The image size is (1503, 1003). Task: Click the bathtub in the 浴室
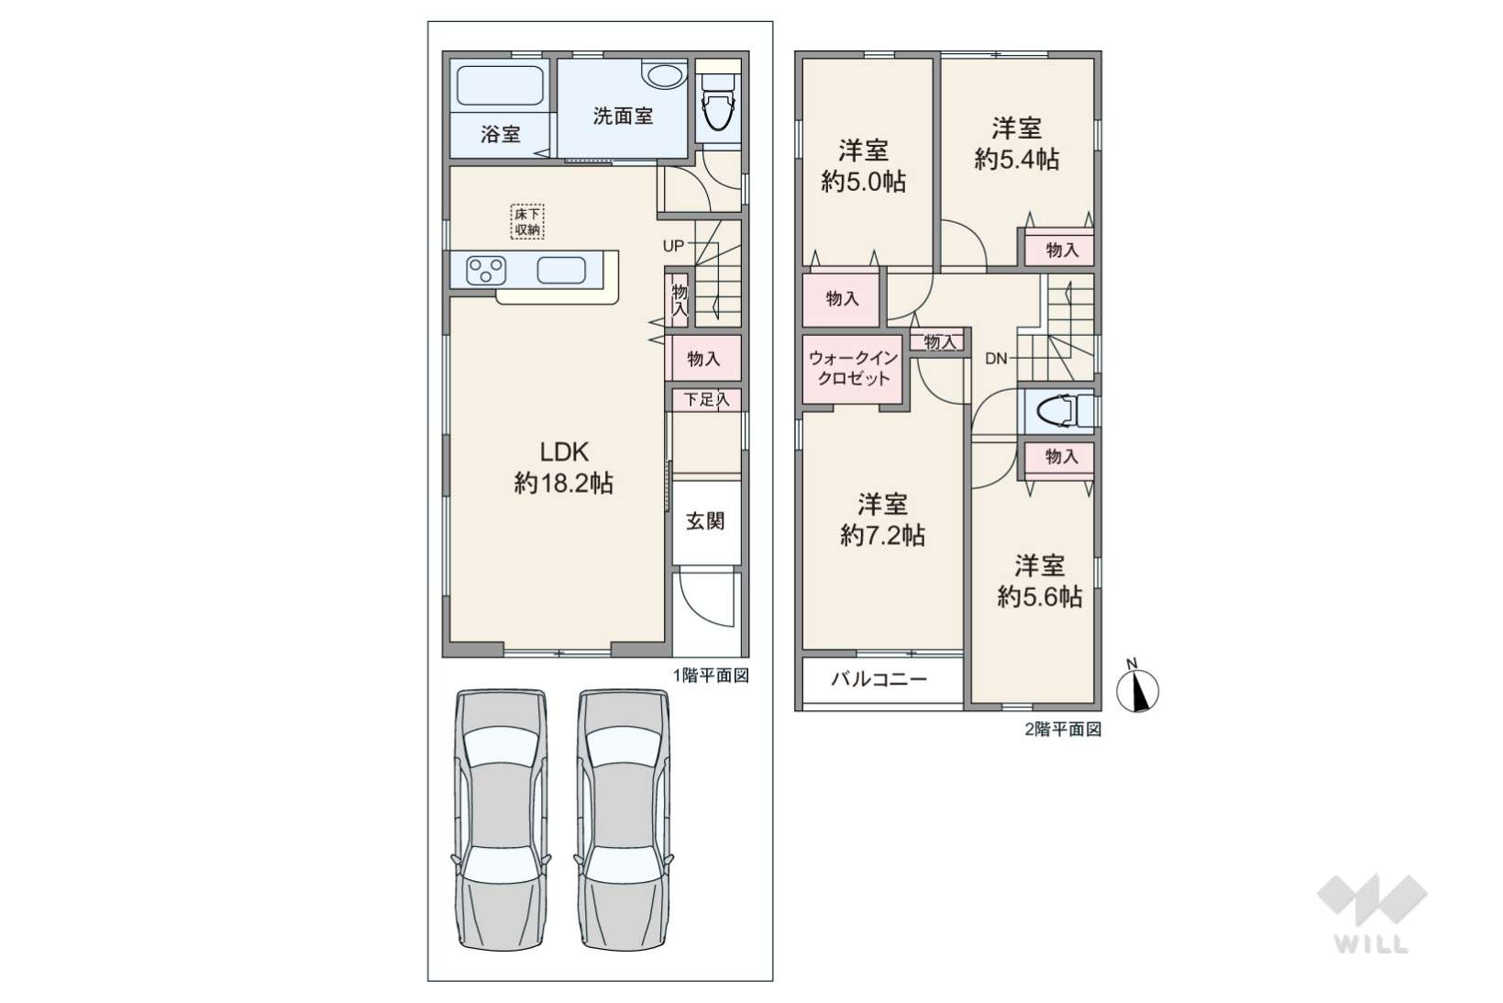500,86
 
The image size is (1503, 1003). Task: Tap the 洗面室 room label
623,117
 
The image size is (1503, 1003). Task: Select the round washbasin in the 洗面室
664,73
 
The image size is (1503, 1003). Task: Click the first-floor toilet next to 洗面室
718,102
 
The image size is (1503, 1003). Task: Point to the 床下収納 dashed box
526,221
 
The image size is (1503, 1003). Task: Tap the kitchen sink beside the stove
561,271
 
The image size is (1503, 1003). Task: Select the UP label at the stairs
673,246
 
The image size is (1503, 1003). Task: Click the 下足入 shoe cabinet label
706,399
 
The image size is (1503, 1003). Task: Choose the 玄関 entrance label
705,520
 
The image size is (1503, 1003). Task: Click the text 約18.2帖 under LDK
564,483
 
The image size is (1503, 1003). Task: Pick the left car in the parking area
502,819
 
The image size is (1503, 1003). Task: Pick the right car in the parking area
624,819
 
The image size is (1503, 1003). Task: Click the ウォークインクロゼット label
853,368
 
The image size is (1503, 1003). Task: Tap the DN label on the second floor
996,359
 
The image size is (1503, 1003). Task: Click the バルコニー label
879,679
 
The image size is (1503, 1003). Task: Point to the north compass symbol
1137,688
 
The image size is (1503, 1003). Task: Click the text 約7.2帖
882,535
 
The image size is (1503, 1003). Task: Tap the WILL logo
1372,914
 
